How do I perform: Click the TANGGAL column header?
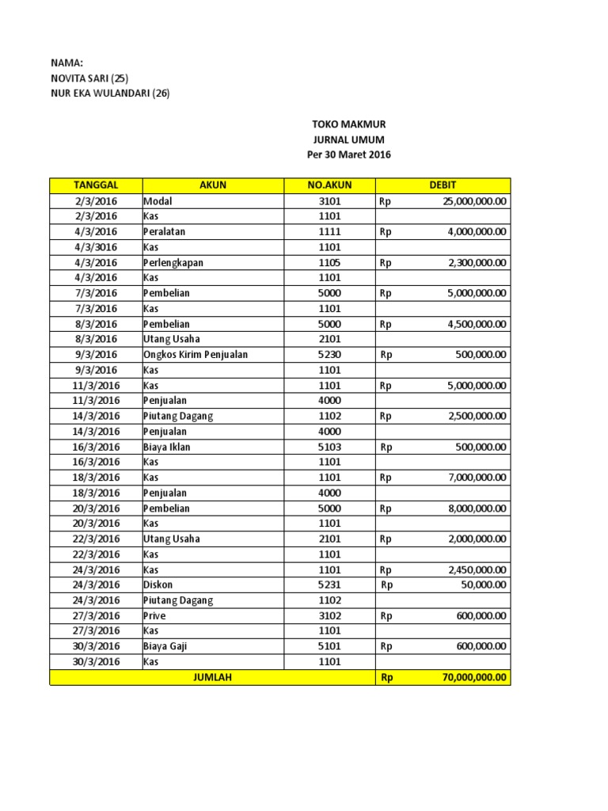[95, 185]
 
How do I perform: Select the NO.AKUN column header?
[329, 185]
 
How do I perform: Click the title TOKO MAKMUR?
[348, 124]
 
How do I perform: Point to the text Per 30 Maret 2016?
[348, 154]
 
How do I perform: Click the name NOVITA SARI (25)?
[89, 78]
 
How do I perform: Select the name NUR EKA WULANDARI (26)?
[109, 93]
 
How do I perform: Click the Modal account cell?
[158, 201]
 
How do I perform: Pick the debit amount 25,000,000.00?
[474, 201]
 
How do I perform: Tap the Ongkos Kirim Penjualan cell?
[195, 355]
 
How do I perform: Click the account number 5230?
[329, 355]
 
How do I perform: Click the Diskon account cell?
[158, 585]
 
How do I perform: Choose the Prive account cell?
[155, 615]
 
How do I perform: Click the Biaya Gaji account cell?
[165, 646]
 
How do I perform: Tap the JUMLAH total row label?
[211, 678]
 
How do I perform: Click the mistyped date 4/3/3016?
[95, 247]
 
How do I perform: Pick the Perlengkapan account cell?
[173, 262]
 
